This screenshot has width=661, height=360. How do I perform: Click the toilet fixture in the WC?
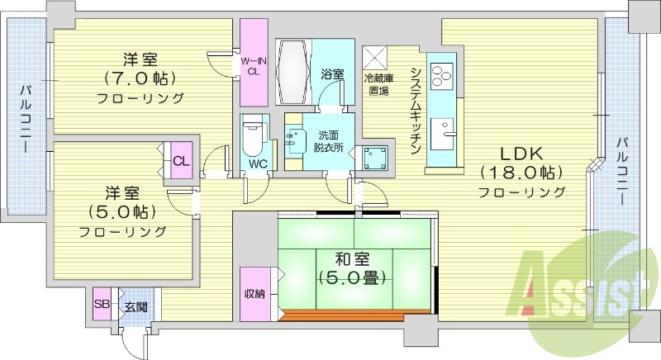tap(254, 135)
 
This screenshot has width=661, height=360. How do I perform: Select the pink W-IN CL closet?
tap(253, 64)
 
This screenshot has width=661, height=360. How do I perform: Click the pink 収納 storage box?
tap(253, 294)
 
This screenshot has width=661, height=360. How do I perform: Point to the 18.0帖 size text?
tap(522, 173)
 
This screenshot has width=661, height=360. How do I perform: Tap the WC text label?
tap(257, 163)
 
